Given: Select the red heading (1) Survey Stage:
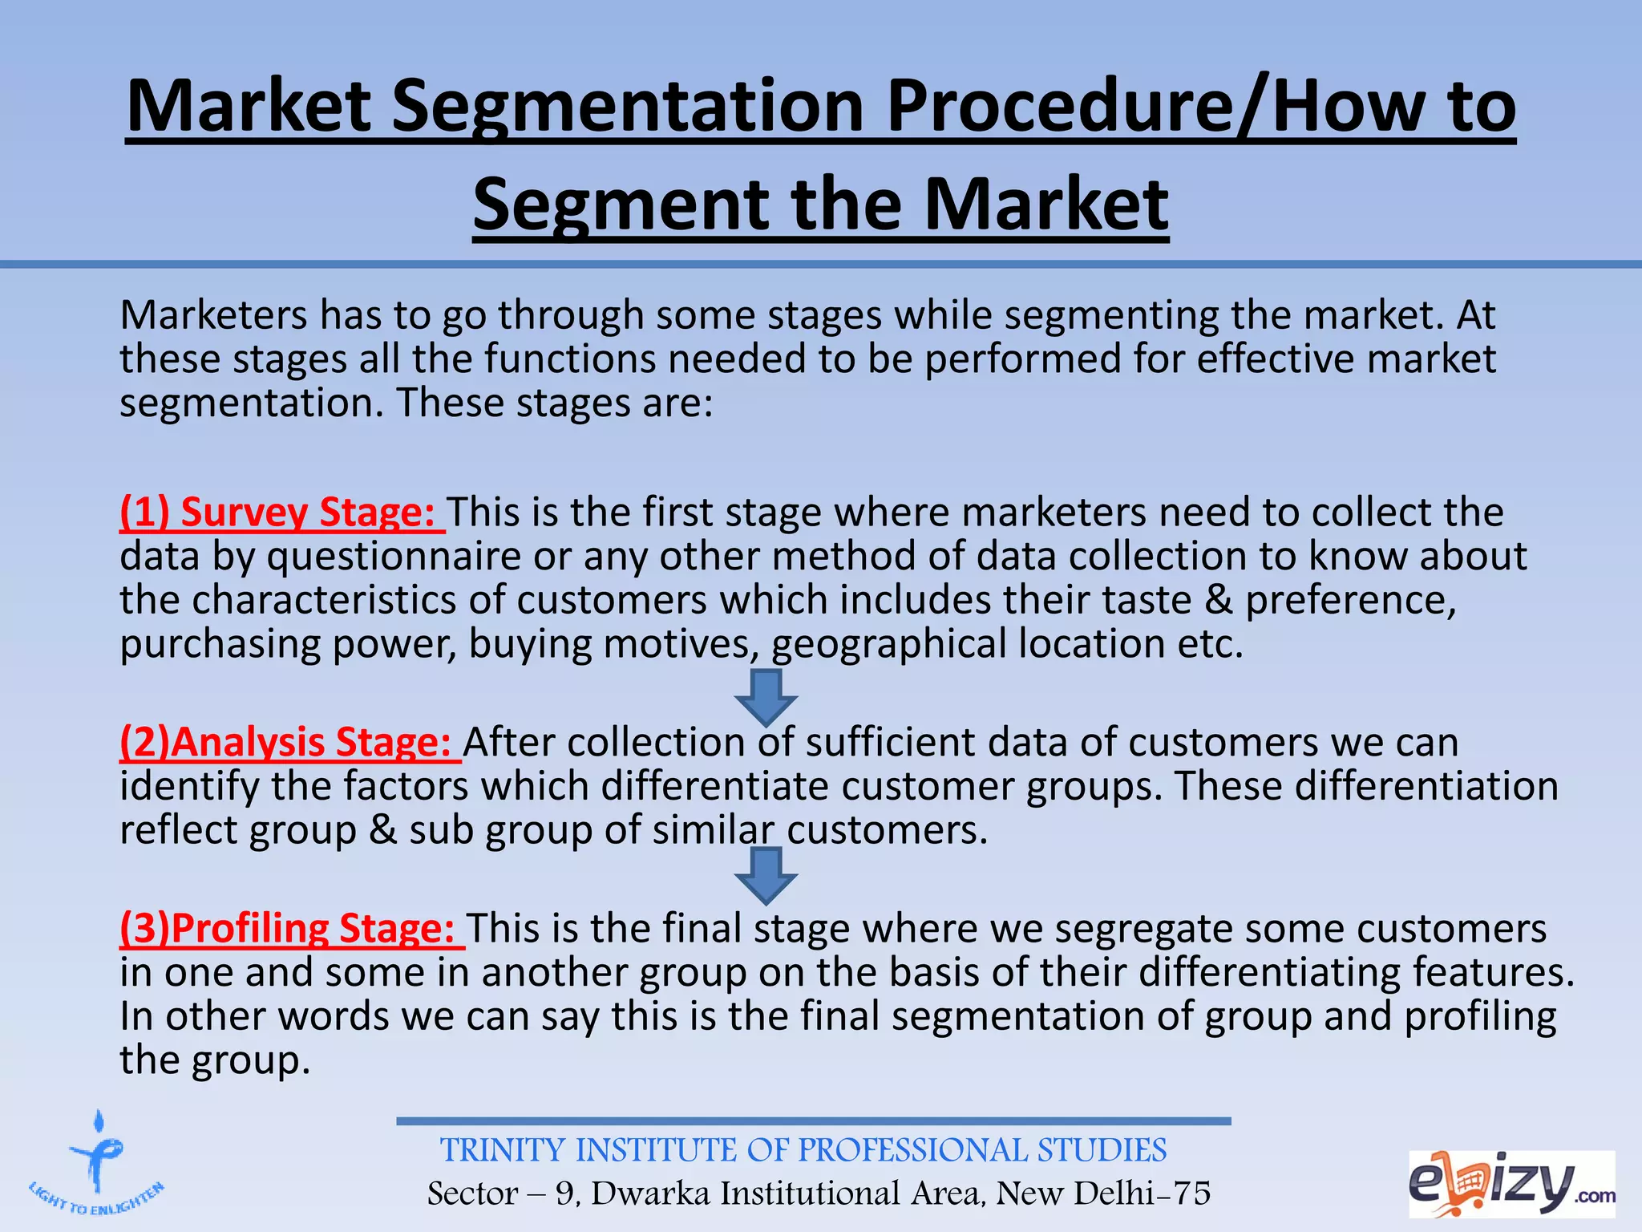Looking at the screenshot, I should coord(278,513).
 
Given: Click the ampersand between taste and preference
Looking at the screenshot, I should coord(1218,600).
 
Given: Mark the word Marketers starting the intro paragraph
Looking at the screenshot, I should coord(213,315).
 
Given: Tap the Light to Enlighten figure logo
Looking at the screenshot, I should coord(97,1164).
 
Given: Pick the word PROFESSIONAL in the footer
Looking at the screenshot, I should coord(912,1151).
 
